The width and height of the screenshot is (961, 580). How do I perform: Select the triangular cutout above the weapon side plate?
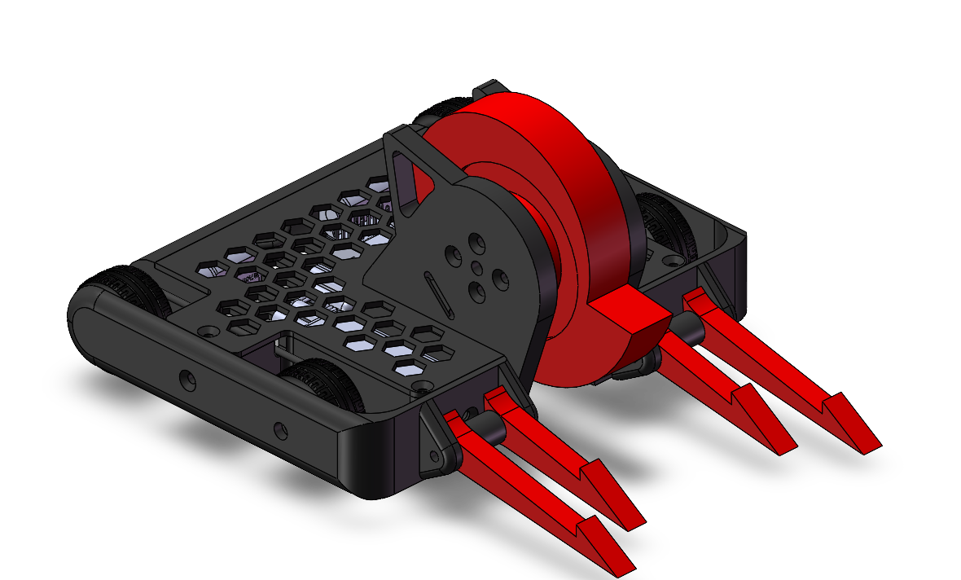(403, 175)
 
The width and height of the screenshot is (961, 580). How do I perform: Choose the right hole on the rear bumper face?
(281, 428)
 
